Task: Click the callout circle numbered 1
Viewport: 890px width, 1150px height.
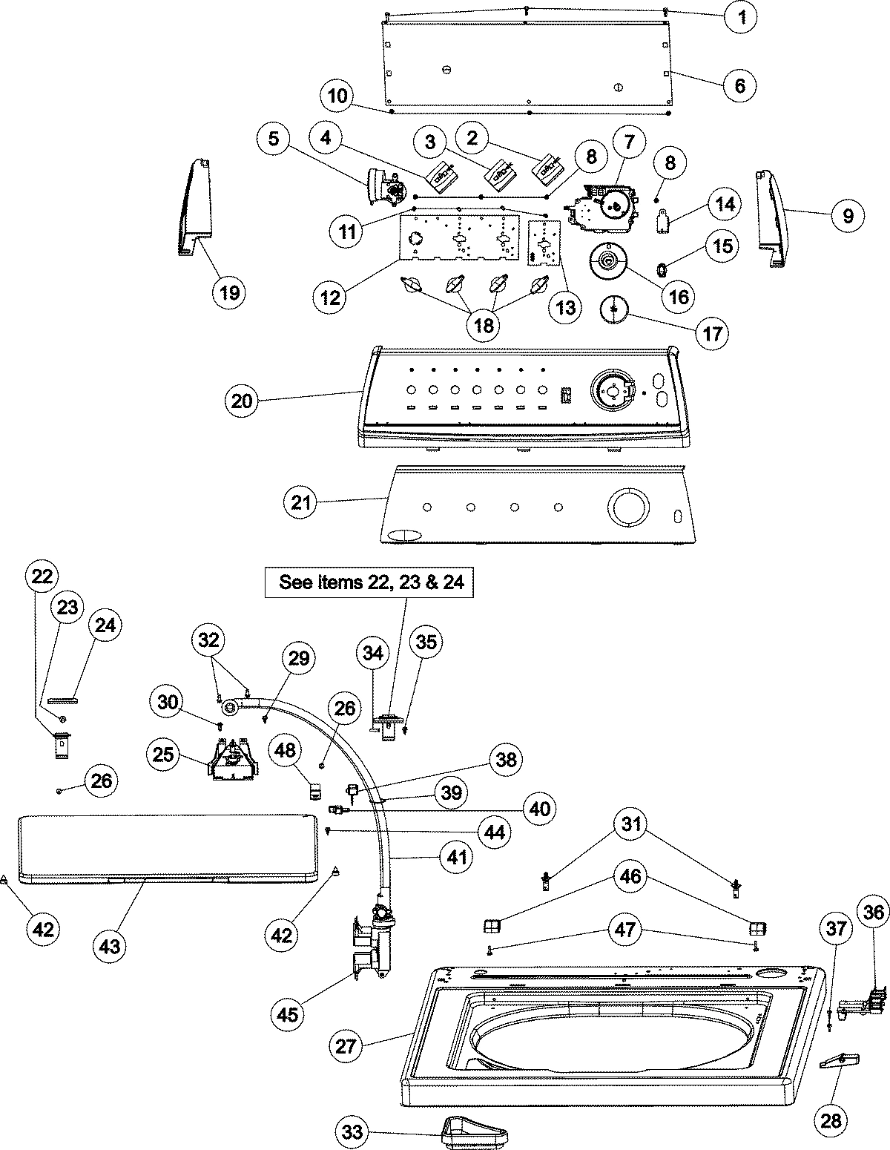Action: [741, 17]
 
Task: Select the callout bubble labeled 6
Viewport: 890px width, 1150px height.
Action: [739, 85]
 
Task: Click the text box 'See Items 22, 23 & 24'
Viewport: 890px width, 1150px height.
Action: [371, 582]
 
